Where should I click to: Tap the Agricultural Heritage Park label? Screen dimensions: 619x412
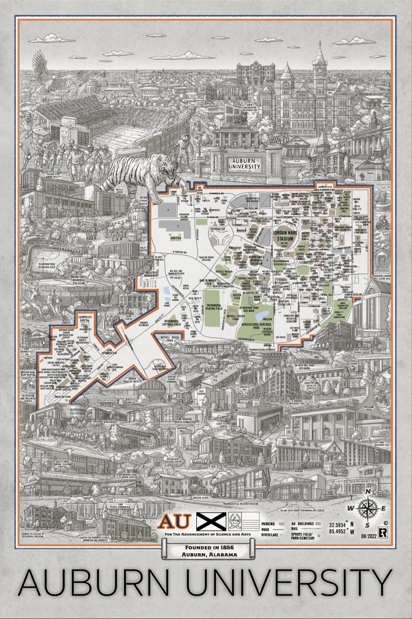(252, 326)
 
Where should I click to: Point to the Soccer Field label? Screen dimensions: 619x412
(237, 296)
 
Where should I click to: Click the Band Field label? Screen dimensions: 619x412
(176, 238)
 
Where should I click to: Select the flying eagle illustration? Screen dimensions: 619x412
(45, 73)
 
